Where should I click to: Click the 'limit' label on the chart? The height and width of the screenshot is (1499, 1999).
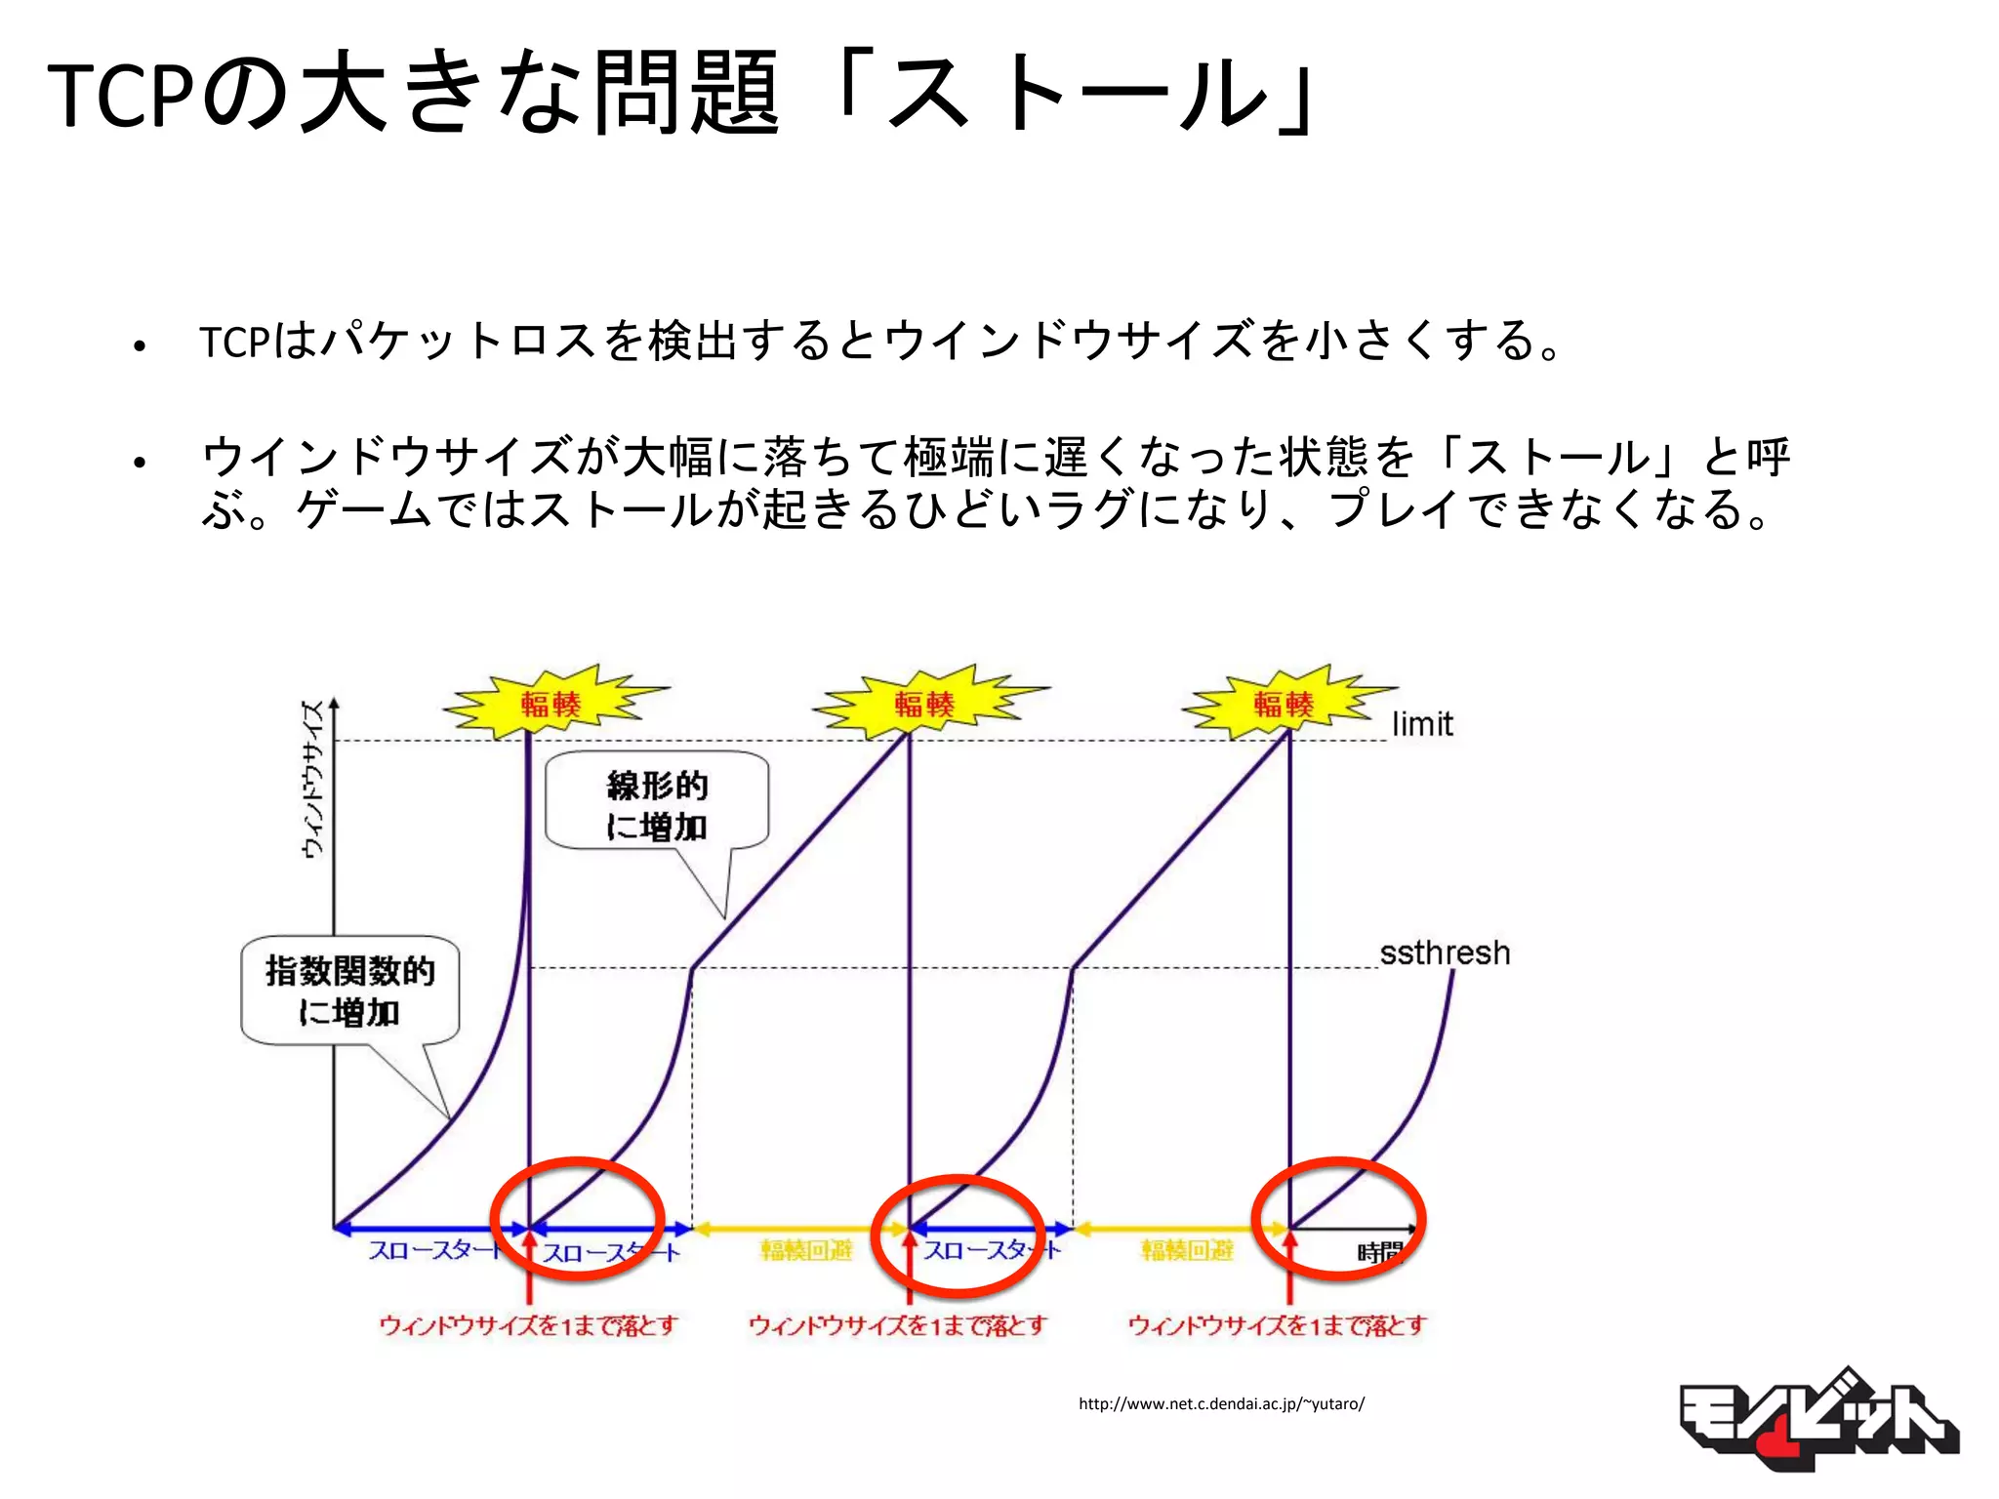point(1422,724)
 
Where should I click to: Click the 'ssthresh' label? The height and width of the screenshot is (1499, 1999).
point(1445,952)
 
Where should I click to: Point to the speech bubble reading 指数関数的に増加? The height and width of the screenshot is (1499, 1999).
point(349,991)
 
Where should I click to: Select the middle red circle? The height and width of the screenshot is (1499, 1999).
point(958,1236)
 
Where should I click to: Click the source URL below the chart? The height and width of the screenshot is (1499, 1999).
point(1221,1403)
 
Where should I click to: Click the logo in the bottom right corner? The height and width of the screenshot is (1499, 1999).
point(1816,1420)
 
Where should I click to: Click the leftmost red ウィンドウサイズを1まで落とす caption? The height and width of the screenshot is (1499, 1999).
point(528,1325)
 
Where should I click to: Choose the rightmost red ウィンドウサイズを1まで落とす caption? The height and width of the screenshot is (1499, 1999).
point(1277,1325)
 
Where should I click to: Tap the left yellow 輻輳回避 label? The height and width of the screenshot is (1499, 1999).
point(806,1250)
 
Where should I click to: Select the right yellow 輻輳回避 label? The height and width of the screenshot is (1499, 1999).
point(1187,1250)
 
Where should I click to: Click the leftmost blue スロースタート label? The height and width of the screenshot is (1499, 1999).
point(434,1250)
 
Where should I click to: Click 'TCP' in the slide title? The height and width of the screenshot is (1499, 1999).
point(119,96)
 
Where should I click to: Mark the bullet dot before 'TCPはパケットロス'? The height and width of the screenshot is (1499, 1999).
point(140,345)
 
